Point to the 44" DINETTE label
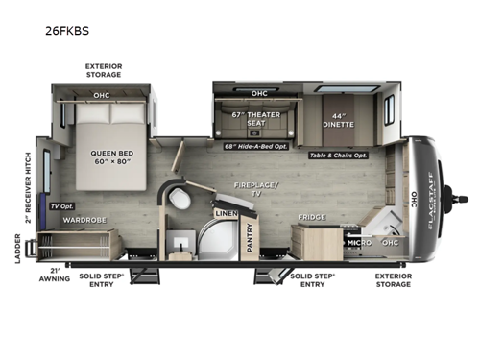pyautogui.click(x=344, y=120)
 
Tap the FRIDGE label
pyautogui.click(x=311, y=218)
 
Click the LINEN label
pyautogui.click(x=226, y=213)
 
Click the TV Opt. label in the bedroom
pyautogui.click(x=61, y=206)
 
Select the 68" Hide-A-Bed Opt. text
pyautogui.click(x=257, y=146)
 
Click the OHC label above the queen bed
pyautogui.click(x=102, y=95)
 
